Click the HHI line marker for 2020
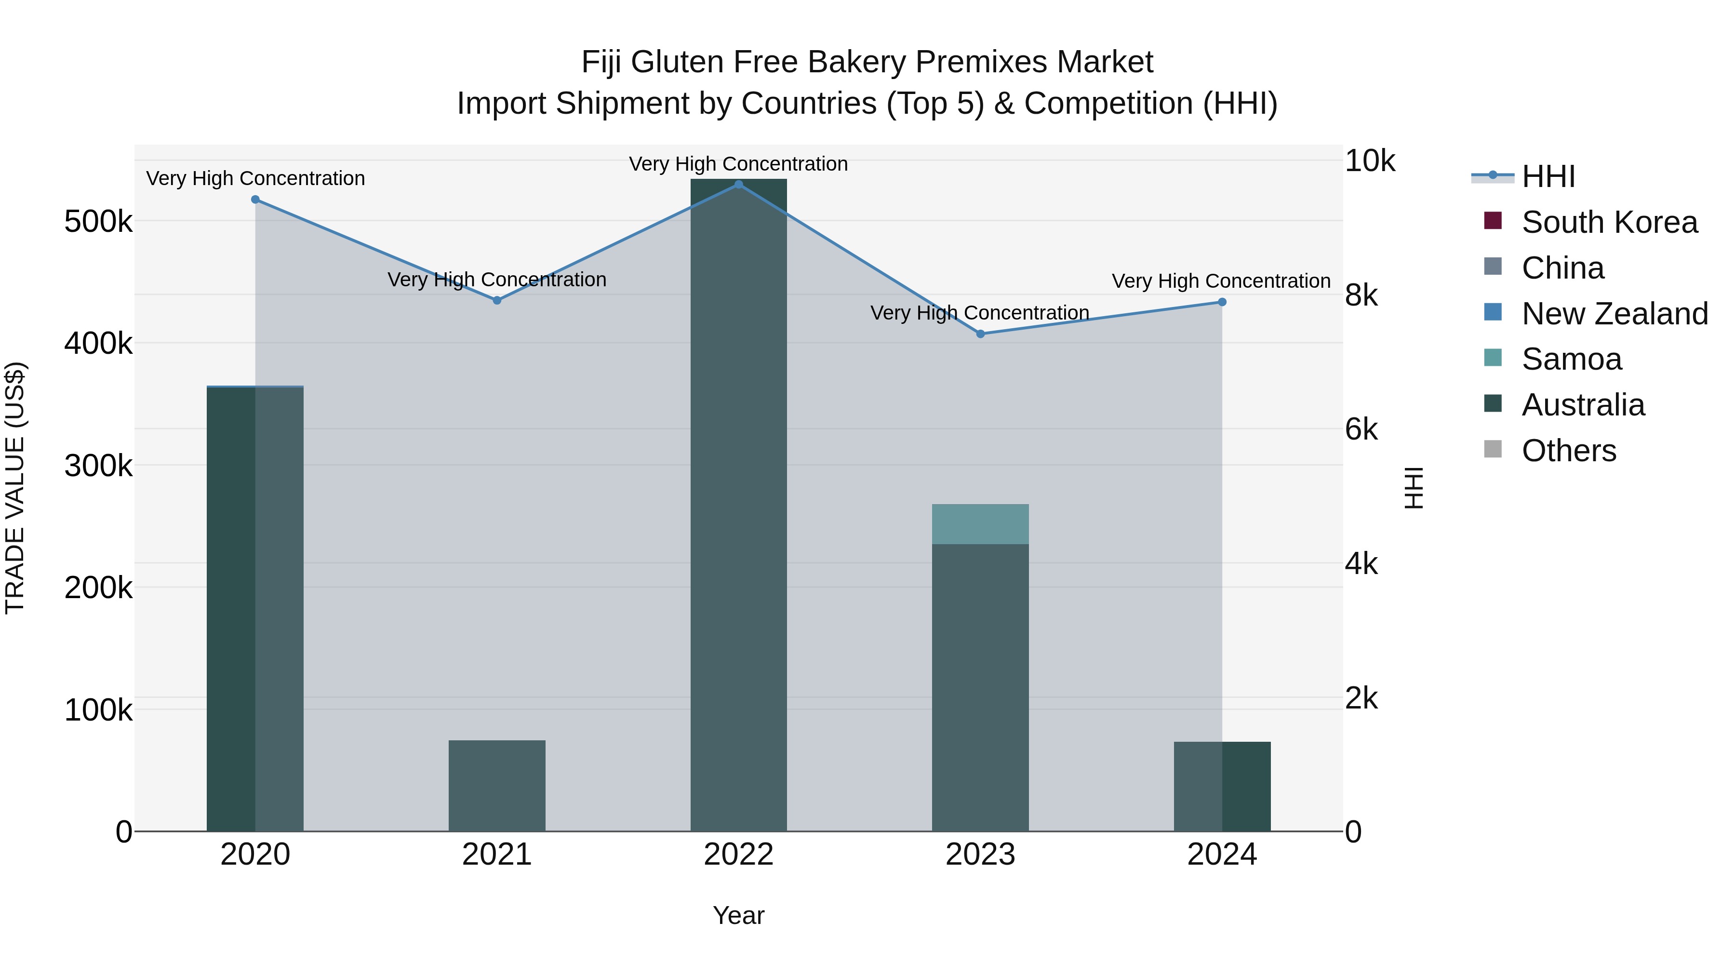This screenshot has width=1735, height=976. (x=255, y=200)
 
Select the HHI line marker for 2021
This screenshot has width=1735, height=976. (x=497, y=300)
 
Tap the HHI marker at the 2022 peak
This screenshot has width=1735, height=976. (x=739, y=185)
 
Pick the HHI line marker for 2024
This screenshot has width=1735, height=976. (x=1222, y=302)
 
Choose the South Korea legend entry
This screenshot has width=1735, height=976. (x=1609, y=222)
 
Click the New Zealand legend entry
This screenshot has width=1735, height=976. (x=1615, y=314)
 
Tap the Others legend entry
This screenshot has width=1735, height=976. (x=1569, y=451)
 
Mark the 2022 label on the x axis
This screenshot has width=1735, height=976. (x=739, y=855)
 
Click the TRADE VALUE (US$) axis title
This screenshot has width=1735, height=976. (x=15, y=488)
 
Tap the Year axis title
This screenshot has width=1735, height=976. (x=739, y=915)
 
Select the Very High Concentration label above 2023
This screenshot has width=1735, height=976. (x=980, y=313)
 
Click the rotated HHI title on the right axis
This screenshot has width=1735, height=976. (x=1415, y=488)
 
